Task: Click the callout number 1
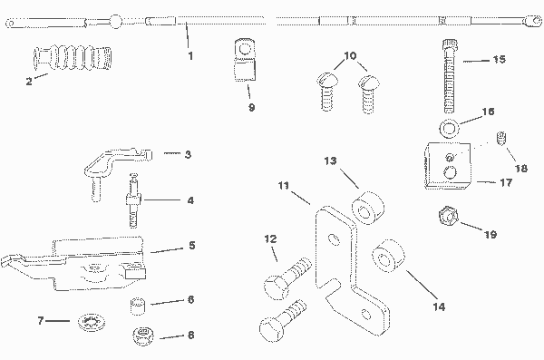(x=190, y=56)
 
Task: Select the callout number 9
(x=252, y=107)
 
